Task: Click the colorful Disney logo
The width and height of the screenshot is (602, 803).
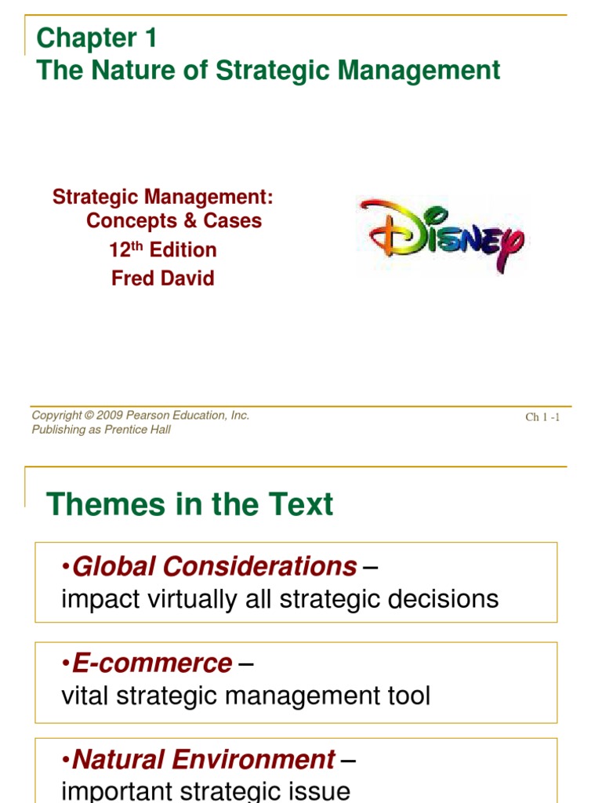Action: coord(441,234)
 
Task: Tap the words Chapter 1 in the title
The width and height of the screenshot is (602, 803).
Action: coord(97,38)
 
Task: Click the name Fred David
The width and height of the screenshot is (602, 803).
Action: coord(163,278)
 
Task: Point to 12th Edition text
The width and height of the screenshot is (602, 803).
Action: coord(163,250)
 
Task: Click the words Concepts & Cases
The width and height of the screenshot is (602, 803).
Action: coord(174,221)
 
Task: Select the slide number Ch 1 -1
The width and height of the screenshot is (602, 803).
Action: coord(542,417)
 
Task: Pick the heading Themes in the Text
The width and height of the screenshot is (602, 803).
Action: coord(190,504)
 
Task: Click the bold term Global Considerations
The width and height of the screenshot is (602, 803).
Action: coord(214,566)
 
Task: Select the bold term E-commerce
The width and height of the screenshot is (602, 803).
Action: coord(152,663)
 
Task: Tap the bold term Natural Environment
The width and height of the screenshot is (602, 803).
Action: coord(203,759)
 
